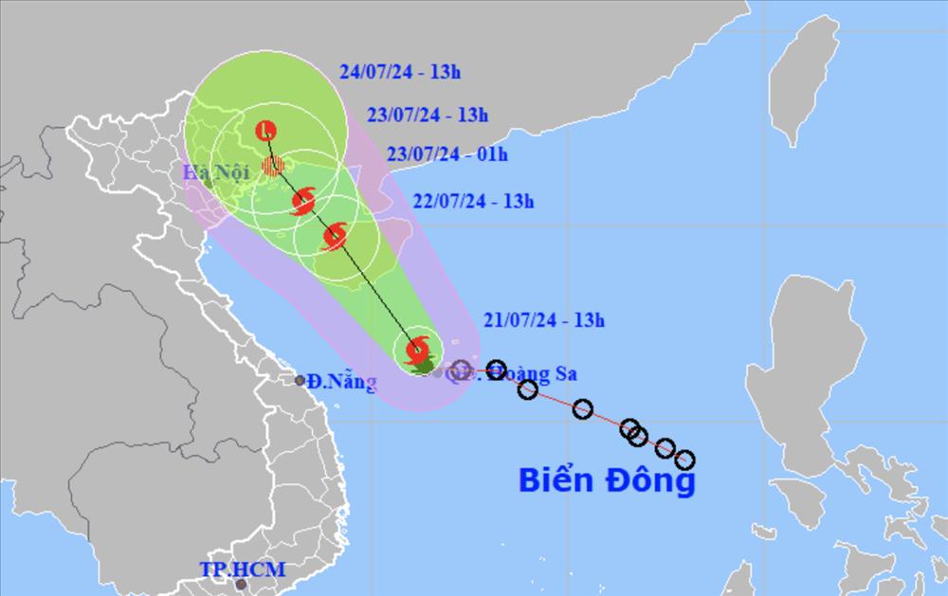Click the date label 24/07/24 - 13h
coord(402,72)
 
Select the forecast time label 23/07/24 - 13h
coord(428,117)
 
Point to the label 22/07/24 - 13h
coord(474,201)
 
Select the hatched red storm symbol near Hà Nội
coord(274,167)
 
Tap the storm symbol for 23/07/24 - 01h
coord(304,201)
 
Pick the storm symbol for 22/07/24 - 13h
coord(335,237)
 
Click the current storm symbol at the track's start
coord(416,352)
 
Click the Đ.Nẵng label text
coord(343,383)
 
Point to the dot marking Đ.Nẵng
coord(300,380)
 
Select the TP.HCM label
coord(242,569)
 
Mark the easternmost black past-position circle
coord(684,461)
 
